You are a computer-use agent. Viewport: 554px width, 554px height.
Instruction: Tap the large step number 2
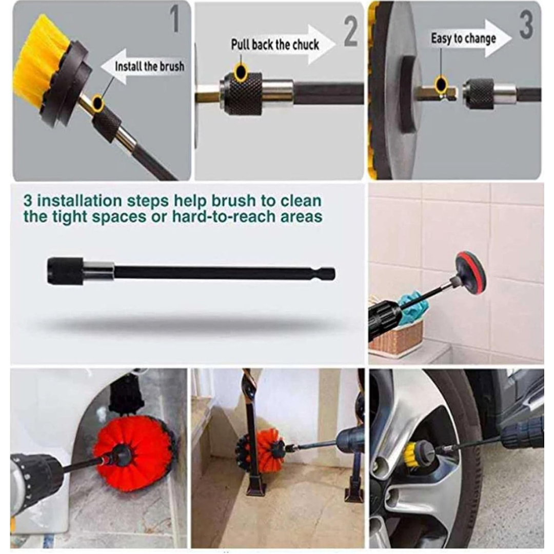[x=351, y=31]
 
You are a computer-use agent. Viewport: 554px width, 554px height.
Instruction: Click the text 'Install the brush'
[x=149, y=66]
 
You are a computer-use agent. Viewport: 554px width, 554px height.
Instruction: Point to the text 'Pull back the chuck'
[x=275, y=45]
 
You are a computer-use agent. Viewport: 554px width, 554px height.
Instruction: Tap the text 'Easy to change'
[x=463, y=38]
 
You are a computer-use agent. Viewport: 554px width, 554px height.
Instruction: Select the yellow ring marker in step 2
[x=241, y=73]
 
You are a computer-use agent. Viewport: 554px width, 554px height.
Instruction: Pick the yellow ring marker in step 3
[x=441, y=85]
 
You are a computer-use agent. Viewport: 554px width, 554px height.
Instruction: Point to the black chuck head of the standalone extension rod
[x=65, y=271]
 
